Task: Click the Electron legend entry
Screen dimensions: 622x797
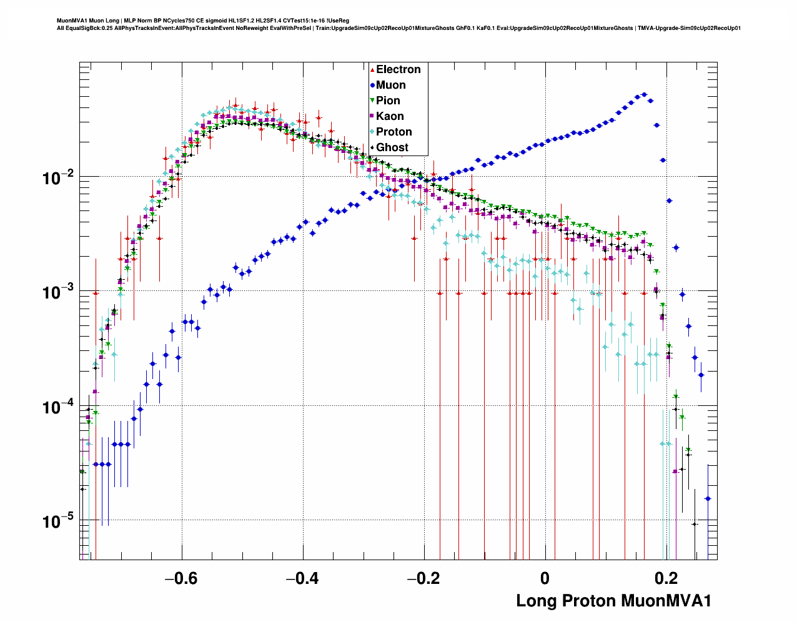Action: coord(398,69)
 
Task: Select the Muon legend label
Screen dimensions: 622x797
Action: coord(390,85)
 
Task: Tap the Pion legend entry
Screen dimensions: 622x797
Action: coord(388,101)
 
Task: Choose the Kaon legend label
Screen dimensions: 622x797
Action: coord(390,116)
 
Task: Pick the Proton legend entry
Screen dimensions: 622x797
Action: coord(394,132)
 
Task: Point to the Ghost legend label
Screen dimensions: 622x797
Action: coord(392,147)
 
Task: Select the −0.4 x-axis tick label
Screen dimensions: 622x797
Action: coord(302,578)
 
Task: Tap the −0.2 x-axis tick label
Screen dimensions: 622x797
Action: coord(423,578)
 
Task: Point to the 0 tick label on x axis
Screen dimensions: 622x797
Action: coord(545,578)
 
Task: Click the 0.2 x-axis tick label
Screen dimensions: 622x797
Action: coord(666,578)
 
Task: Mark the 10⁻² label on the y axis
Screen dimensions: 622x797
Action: coord(59,178)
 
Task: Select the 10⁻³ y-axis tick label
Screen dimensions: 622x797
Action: coord(59,292)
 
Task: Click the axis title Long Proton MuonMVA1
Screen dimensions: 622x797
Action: coord(613,601)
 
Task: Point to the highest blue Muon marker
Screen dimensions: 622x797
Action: coord(644,95)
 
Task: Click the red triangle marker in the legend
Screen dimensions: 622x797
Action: coord(372,69)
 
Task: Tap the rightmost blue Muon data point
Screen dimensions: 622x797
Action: coord(708,498)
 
